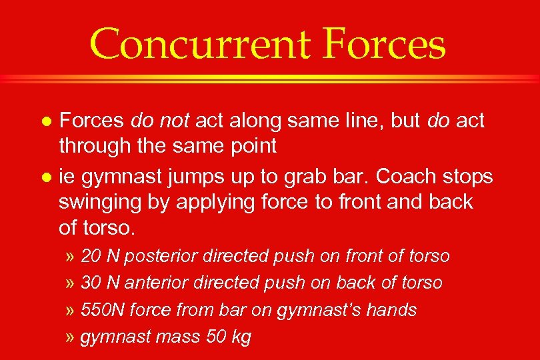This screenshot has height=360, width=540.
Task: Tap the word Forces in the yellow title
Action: click(386, 45)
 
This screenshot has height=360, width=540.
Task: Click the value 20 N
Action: click(100, 256)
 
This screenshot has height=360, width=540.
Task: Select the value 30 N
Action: click(100, 283)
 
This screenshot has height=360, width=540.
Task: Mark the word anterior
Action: click(157, 283)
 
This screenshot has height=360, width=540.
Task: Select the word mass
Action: click(175, 337)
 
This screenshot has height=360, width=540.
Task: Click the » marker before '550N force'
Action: click(71, 311)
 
